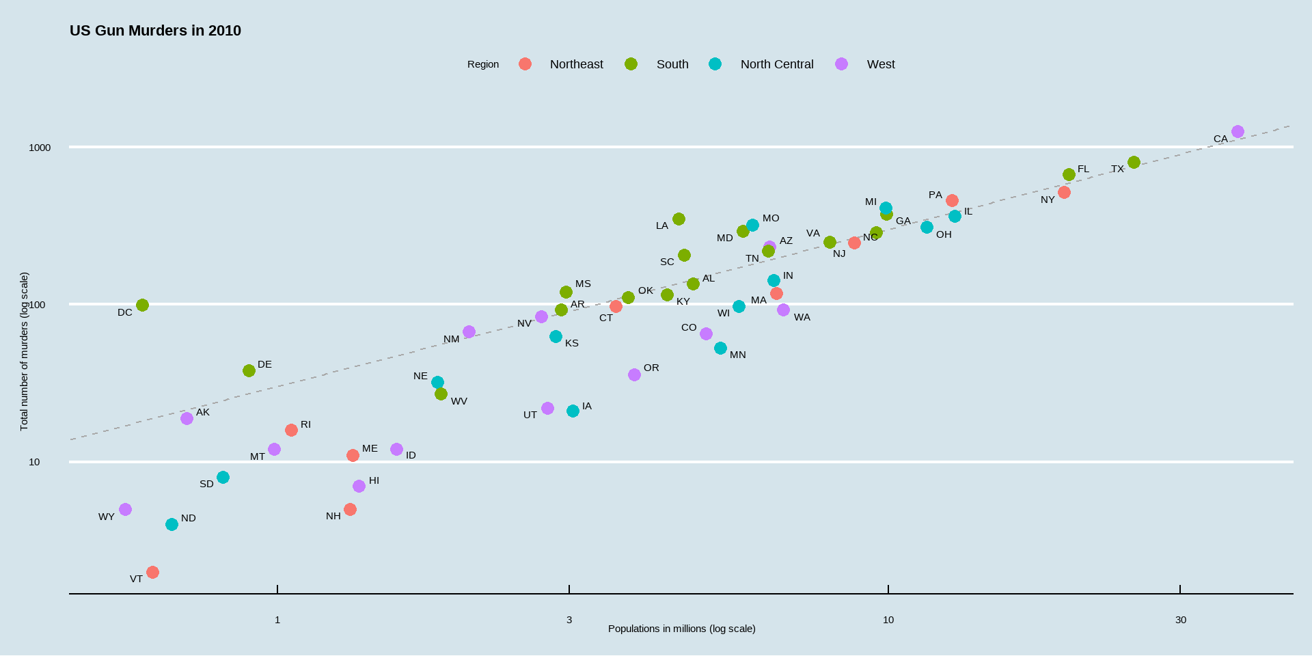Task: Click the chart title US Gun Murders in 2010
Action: click(x=155, y=31)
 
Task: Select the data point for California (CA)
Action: click(x=1238, y=132)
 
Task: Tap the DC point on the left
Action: click(x=142, y=305)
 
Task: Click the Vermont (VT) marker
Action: click(x=152, y=573)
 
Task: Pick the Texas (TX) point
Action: click(x=1134, y=163)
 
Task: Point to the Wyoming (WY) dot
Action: click(x=125, y=510)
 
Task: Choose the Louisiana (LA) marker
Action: click(x=679, y=219)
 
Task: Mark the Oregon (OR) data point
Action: click(x=634, y=375)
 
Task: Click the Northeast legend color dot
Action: click(x=525, y=64)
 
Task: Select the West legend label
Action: click(x=881, y=64)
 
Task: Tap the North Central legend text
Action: click(x=777, y=64)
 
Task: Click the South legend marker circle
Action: click(x=631, y=64)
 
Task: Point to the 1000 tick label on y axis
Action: click(x=40, y=148)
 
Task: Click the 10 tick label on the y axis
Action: click(x=34, y=462)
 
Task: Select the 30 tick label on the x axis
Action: click(x=1180, y=620)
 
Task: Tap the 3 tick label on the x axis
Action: click(x=569, y=620)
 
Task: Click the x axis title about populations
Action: click(x=681, y=629)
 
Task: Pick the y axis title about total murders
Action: click(x=24, y=351)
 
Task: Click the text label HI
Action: click(x=374, y=480)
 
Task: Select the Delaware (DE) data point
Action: click(x=249, y=371)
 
